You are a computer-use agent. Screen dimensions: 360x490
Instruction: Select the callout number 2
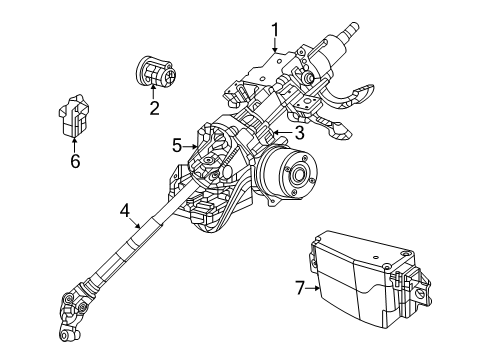(154, 108)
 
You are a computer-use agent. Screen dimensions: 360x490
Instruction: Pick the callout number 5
(177, 145)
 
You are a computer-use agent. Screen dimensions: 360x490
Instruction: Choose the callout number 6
(74, 161)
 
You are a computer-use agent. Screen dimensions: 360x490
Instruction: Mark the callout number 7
(298, 289)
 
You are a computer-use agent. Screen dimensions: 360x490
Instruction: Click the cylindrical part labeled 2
(155, 73)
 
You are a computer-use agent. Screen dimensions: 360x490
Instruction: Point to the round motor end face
(297, 177)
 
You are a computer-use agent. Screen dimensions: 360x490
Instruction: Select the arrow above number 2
(154, 95)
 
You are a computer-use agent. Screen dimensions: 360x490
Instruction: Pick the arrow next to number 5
(190, 145)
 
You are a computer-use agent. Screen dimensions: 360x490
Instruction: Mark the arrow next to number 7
(312, 289)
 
